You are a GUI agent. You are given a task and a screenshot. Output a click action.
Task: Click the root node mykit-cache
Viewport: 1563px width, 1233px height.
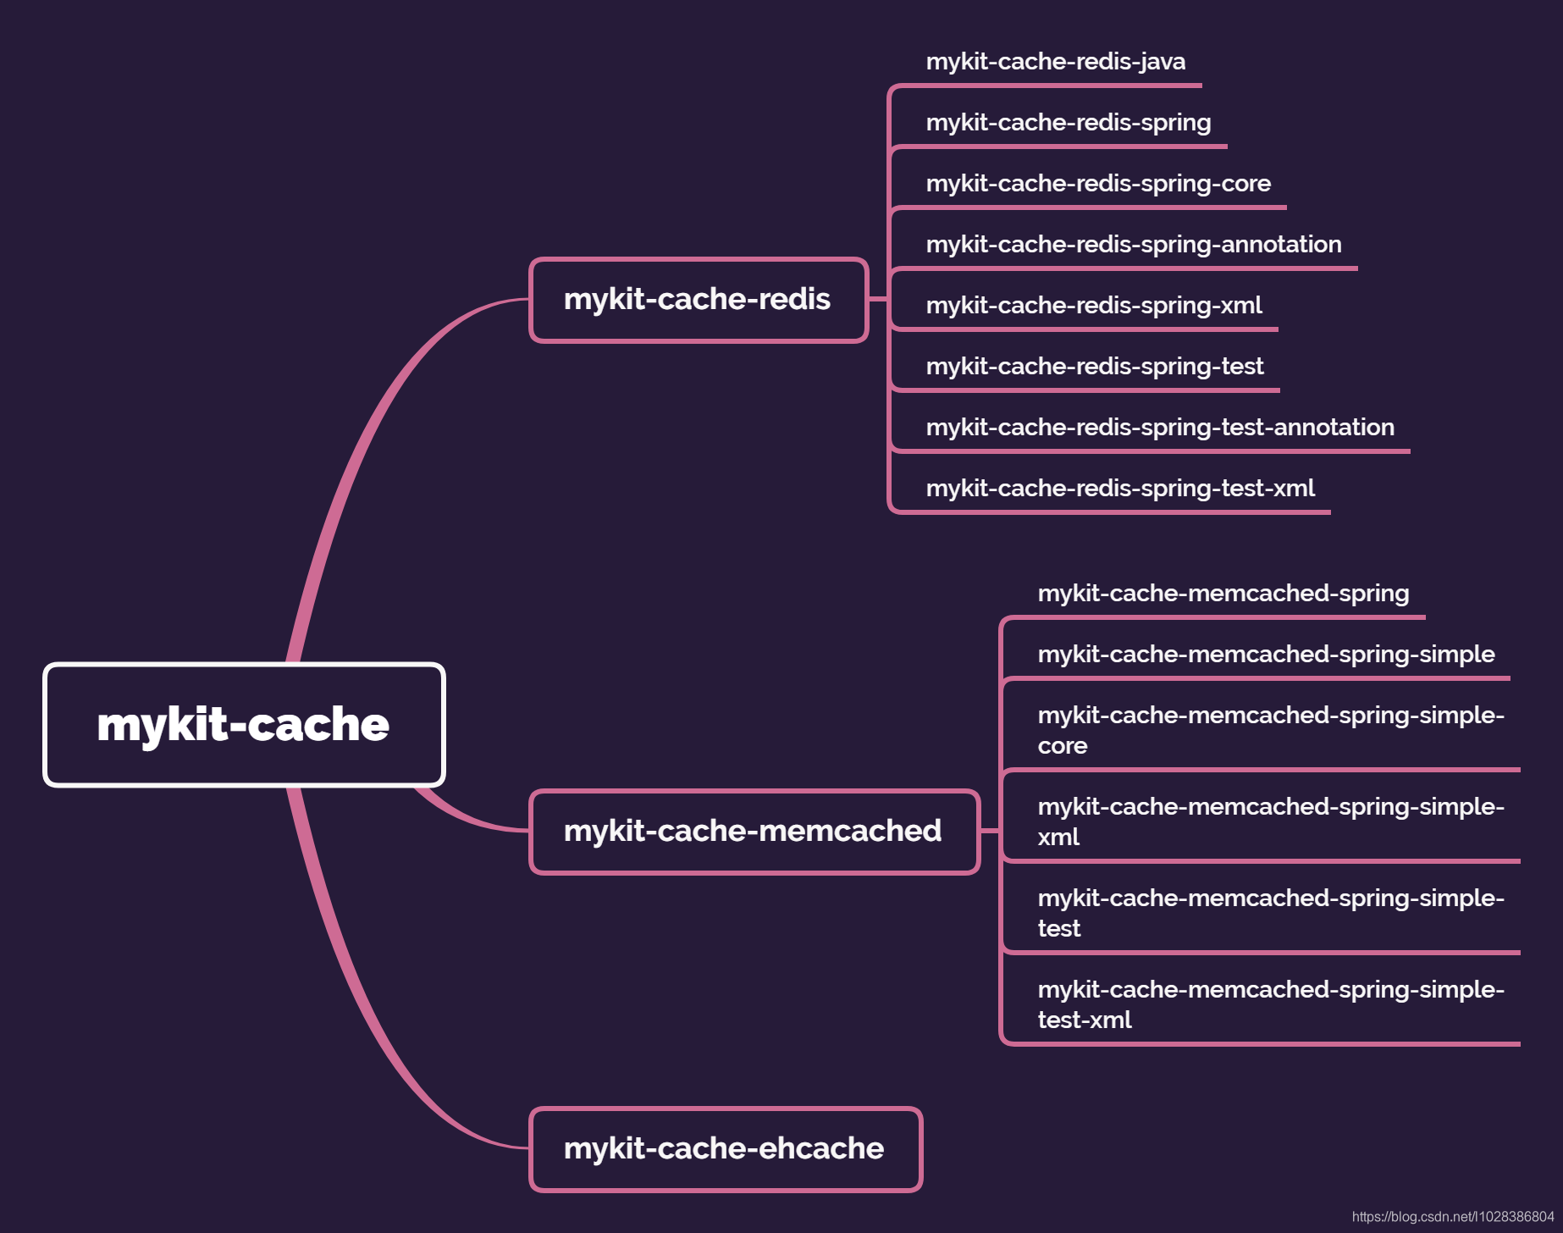(x=244, y=725)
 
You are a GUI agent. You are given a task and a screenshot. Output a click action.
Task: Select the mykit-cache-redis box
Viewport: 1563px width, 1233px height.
(x=699, y=300)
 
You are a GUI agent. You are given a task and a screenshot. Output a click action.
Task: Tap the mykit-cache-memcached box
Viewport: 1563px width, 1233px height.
(x=754, y=832)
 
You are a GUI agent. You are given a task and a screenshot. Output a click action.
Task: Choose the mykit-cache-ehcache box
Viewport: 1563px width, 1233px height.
(x=725, y=1149)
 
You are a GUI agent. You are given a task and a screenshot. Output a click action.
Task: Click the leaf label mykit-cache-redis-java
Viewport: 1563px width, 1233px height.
(x=1055, y=62)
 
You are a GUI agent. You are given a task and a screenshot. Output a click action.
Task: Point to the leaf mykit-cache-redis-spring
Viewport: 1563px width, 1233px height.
(x=1068, y=123)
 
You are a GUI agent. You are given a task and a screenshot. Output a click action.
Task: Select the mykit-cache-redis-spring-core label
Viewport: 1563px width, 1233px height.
(x=1098, y=184)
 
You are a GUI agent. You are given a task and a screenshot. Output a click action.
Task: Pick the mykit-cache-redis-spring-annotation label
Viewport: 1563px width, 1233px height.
(x=1133, y=245)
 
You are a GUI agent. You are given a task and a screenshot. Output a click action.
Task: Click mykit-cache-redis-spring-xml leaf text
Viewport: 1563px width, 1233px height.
(x=1093, y=306)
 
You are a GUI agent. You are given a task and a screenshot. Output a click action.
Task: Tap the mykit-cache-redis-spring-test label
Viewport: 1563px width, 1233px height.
(x=1094, y=367)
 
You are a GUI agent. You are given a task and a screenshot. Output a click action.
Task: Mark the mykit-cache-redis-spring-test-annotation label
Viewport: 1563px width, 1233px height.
(x=1160, y=428)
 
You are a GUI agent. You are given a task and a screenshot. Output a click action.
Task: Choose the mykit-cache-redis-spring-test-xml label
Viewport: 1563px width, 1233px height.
(x=1119, y=489)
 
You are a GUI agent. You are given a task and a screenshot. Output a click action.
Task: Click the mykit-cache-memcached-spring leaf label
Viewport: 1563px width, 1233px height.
(x=1223, y=594)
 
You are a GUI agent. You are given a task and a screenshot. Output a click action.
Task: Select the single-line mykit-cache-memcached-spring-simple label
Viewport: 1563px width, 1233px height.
(x=1266, y=655)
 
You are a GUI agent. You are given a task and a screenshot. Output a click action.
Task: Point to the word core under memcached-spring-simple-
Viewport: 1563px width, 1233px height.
(x=1062, y=746)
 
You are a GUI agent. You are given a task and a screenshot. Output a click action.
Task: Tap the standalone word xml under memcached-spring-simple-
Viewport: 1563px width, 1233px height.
(x=1058, y=838)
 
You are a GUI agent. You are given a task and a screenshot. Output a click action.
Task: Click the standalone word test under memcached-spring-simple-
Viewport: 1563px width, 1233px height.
(x=1058, y=929)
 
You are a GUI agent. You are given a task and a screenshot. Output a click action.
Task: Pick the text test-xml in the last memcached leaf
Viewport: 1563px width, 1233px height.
(x=1084, y=1020)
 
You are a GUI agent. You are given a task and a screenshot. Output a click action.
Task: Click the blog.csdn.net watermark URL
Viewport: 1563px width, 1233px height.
(x=1452, y=1217)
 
